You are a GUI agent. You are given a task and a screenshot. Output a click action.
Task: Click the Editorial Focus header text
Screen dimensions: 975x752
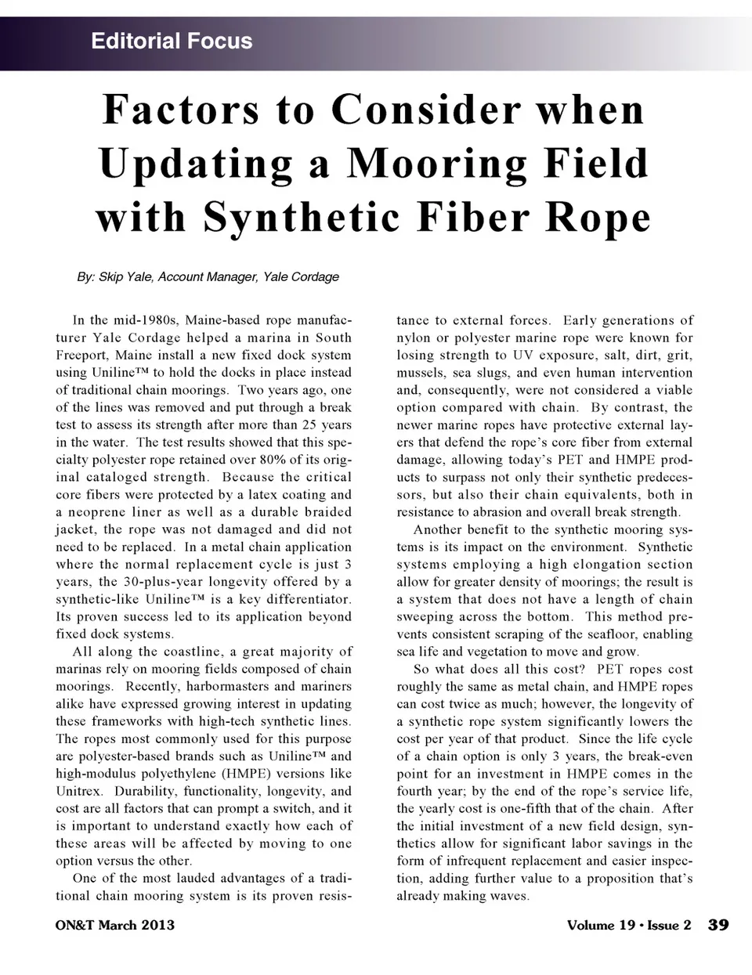(172, 41)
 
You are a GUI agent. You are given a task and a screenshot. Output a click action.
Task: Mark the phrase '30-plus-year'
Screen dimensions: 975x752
(149, 582)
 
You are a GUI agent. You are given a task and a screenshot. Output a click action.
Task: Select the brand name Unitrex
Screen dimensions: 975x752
(79, 791)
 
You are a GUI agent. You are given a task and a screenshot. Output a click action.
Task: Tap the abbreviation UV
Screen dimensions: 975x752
(523, 356)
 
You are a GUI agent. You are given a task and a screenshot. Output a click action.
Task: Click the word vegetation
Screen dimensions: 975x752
(501, 652)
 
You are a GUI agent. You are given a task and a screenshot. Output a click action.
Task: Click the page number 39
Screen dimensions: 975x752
(718, 925)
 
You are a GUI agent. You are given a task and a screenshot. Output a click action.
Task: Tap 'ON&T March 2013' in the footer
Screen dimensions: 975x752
(115, 925)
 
